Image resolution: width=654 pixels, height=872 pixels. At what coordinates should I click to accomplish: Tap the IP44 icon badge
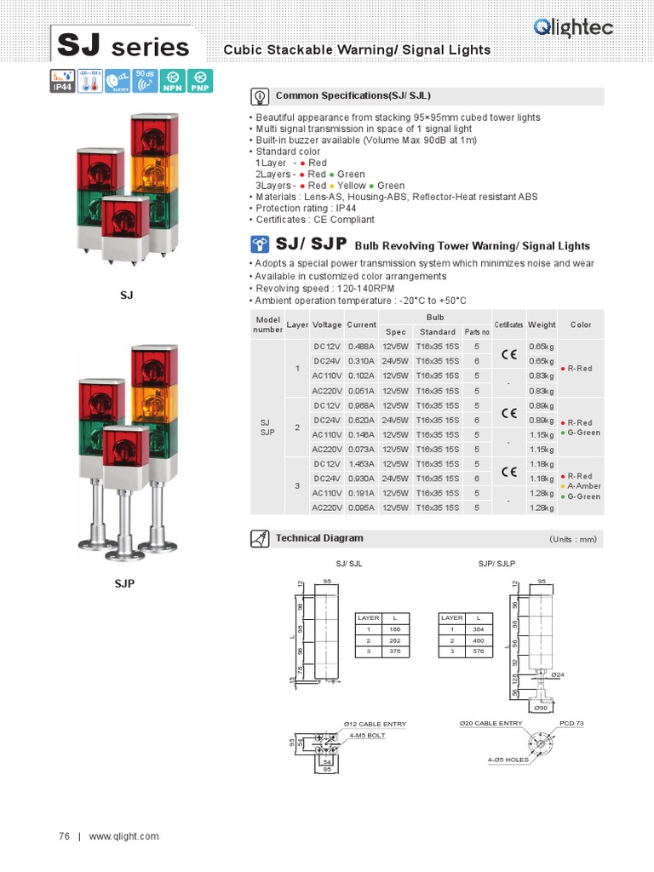tap(61, 81)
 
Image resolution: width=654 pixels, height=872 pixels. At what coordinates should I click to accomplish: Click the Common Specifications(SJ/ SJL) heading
tap(347, 96)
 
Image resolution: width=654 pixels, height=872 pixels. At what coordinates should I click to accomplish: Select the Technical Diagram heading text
tap(319, 538)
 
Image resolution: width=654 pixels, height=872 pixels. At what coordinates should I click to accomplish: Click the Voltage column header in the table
tap(327, 324)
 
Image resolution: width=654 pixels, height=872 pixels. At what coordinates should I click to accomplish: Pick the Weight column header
tap(542, 324)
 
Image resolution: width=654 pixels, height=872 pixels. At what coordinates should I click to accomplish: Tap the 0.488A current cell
tap(361, 347)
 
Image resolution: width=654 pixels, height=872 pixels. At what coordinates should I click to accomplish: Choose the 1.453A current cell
tap(361, 464)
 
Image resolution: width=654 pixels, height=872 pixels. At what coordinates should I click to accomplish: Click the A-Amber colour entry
tap(584, 486)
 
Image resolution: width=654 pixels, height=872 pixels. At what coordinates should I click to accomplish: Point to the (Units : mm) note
tap(573, 539)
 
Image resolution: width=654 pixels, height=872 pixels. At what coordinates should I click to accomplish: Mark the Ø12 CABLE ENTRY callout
tap(375, 724)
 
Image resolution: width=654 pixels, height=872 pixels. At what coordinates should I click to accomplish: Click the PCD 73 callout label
tap(571, 723)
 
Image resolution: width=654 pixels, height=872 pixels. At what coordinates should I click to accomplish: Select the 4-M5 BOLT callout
tap(367, 734)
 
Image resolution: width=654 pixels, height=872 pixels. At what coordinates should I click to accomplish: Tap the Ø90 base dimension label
tap(541, 708)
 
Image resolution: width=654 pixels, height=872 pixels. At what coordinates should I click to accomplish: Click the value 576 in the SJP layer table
tap(479, 651)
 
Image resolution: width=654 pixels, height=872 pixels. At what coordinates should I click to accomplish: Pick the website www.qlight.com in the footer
tap(123, 836)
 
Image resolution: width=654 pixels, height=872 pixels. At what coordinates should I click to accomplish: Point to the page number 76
tap(64, 836)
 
